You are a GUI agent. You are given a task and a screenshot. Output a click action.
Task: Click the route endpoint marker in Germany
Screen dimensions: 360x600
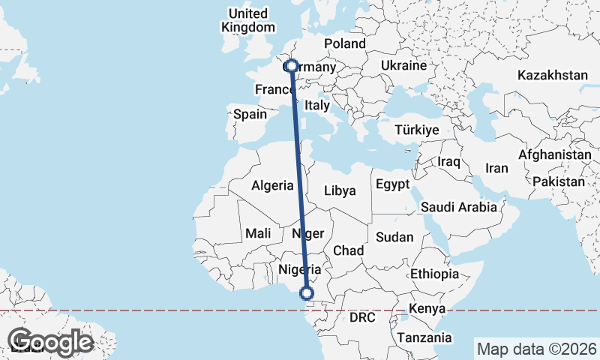(x=292, y=66)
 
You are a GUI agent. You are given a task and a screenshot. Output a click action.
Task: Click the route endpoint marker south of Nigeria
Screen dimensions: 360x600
(x=307, y=293)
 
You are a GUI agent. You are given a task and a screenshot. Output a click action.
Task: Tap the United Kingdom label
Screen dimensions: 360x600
(x=248, y=20)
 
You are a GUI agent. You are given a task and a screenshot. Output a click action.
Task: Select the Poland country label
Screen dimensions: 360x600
(x=344, y=43)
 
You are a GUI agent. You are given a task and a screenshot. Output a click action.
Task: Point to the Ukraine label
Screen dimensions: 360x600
(x=404, y=66)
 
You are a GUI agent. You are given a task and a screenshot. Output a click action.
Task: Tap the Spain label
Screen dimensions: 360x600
(x=250, y=114)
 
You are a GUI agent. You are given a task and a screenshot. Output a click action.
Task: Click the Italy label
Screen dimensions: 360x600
(x=317, y=106)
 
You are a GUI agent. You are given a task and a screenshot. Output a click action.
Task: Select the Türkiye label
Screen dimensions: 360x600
(x=415, y=130)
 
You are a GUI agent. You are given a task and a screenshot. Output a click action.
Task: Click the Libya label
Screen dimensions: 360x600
(x=340, y=190)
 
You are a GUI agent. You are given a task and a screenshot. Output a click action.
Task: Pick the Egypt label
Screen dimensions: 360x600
(x=392, y=184)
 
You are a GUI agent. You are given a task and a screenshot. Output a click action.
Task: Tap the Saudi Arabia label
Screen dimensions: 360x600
(x=459, y=207)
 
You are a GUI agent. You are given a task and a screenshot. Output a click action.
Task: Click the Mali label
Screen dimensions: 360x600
(x=259, y=234)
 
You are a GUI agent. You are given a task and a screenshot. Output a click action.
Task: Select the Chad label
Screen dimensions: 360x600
(x=349, y=250)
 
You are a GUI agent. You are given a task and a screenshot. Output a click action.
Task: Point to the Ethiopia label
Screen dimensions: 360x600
(x=434, y=274)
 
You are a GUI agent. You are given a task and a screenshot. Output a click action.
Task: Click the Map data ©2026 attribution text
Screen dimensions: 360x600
(x=536, y=349)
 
